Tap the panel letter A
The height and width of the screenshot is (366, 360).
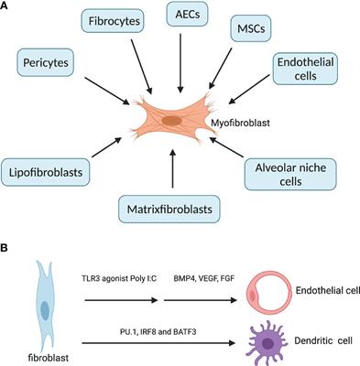(x=6, y=6)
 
